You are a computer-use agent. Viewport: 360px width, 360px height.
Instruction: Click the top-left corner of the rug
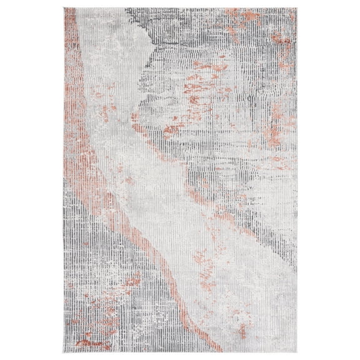(62, 9)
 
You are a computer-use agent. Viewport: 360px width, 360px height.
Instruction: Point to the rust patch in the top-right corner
(275, 25)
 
